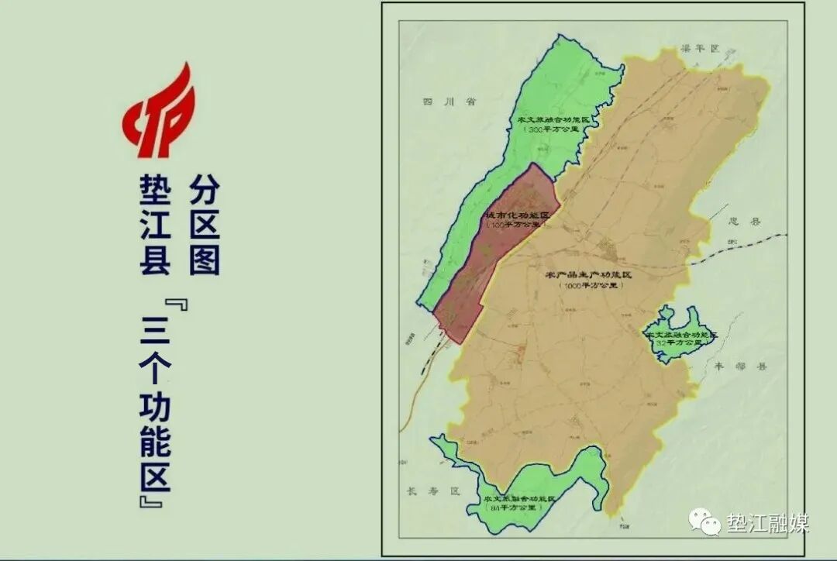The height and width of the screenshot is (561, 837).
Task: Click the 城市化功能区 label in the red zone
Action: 516,215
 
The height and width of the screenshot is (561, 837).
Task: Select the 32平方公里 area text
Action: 682,342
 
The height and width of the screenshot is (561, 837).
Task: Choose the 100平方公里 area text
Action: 515,225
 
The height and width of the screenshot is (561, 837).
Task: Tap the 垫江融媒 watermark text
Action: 768,523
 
